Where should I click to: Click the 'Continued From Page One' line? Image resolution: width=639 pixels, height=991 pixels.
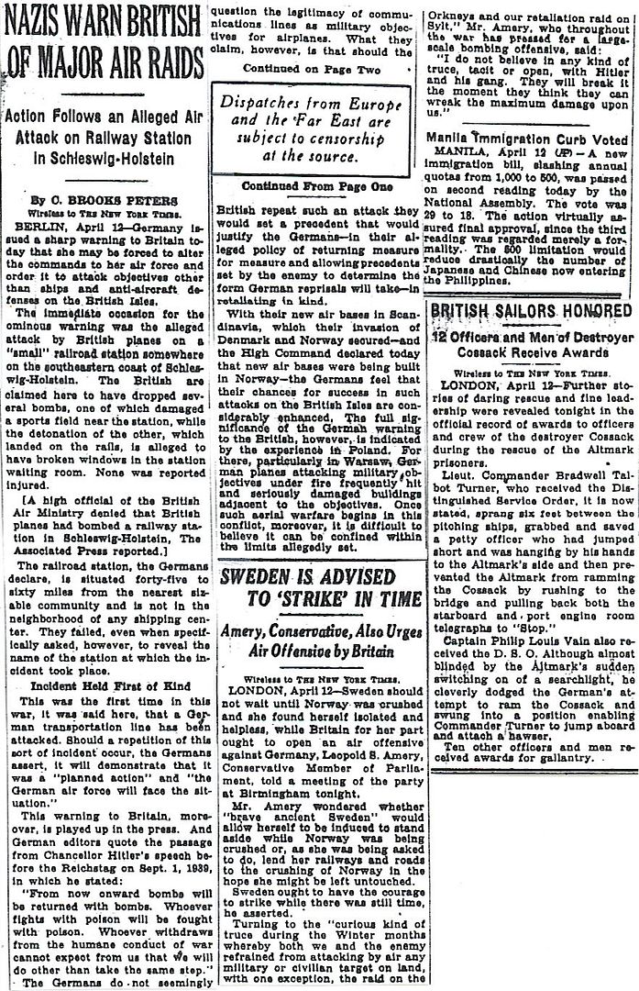click(x=316, y=185)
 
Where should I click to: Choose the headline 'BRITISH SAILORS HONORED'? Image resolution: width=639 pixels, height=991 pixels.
click(x=530, y=311)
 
